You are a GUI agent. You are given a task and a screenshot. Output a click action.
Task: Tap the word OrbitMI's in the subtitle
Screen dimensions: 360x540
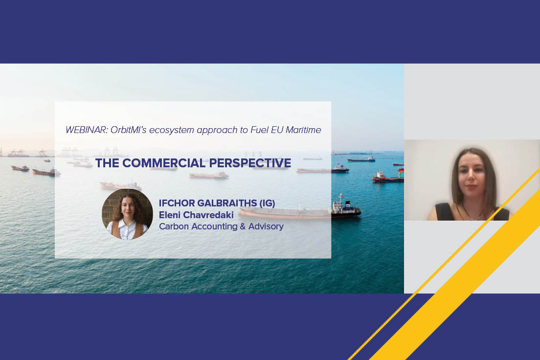pyautogui.click(x=127, y=130)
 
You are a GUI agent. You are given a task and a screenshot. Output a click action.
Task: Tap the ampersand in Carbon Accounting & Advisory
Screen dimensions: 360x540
pyautogui.click(x=240, y=226)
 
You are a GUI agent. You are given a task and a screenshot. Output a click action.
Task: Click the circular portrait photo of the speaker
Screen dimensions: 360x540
pyautogui.click(x=127, y=214)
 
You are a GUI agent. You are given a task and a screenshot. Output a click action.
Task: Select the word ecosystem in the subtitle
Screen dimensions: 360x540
pyautogui.click(x=170, y=130)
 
